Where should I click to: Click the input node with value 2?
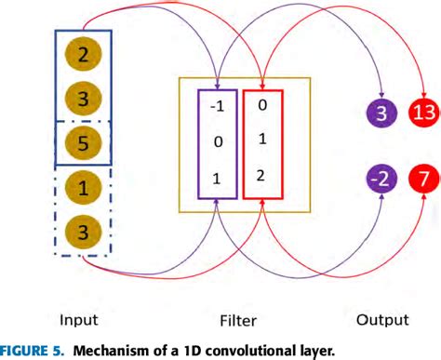(x=84, y=56)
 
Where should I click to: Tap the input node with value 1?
(x=84, y=189)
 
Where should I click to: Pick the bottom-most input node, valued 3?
(x=84, y=231)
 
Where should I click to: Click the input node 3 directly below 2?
(x=84, y=98)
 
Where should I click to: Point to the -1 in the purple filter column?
(x=217, y=106)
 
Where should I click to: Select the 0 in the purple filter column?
(x=217, y=143)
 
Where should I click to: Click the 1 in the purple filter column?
(x=217, y=180)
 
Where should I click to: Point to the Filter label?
(x=240, y=320)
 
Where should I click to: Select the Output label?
(x=382, y=320)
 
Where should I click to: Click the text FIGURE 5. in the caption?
(x=32, y=350)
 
